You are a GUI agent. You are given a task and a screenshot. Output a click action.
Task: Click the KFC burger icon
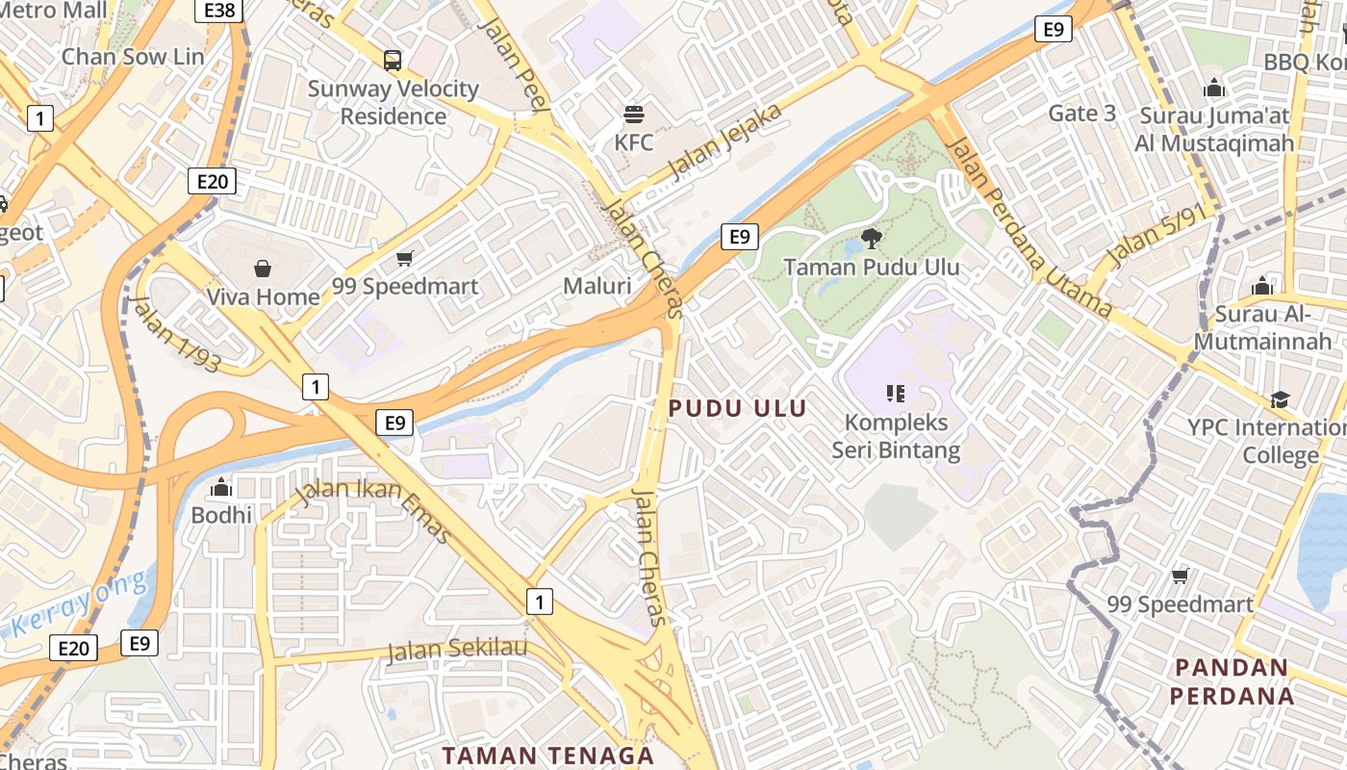pos(633,115)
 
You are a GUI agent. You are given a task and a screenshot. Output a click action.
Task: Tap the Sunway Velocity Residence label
pos(394,102)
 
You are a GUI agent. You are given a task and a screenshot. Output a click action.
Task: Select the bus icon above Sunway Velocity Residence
pos(393,61)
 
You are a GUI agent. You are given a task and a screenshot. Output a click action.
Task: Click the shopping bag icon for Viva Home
pos(263,269)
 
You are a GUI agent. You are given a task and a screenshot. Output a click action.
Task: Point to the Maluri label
pos(597,286)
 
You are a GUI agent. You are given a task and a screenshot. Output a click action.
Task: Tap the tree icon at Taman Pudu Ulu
pos(872,238)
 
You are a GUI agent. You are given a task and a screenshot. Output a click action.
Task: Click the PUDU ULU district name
pos(737,408)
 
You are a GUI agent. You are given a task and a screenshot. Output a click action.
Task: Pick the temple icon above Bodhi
pos(221,487)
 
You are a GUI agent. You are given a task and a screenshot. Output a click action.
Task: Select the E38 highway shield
pos(218,11)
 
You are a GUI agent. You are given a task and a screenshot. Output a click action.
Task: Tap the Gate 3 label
pos(1081,114)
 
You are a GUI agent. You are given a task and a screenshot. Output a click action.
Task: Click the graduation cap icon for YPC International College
pos(1280,399)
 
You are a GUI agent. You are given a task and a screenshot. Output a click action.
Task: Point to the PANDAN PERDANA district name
pos(1233,680)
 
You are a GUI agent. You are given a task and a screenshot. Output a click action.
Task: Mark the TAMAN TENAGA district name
pos(547,755)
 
